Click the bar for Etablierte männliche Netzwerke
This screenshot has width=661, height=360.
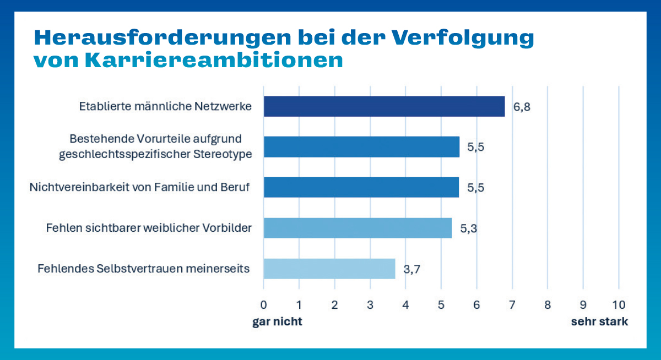pyautogui.click(x=384, y=106)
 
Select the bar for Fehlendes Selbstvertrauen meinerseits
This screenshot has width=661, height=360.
pyautogui.click(x=329, y=269)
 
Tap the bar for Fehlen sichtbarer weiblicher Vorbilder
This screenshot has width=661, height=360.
pyautogui.click(x=357, y=228)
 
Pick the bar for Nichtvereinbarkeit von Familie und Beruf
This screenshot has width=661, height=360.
pyautogui.click(x=361, y=187)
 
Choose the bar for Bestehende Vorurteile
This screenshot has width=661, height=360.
pyautogui.click(x=361, y=146)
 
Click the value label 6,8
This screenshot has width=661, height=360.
pyautogui.click(x=522, y=107)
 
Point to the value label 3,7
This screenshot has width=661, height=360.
pyautogui.click(x=413, y=269)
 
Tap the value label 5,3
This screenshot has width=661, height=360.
pyautogui.click(x=469, y=228)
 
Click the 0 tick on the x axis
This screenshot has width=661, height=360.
pyautogui.click(x=264, y=304)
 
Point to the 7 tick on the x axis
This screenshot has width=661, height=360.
pyautogui.click(x=512, y=304)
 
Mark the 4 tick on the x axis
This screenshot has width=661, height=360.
pyautogui.click(x=405, y=304)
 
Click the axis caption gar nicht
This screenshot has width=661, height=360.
pyautogui.click(x=277, y=322)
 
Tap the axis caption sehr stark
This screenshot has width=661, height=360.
pyautogui.click(x=599, y=322)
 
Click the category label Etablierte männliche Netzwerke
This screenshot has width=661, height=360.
pyautogui.click(x=165, y=106)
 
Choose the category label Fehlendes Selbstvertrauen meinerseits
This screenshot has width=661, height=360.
pyautogui.click(x=144, y=269)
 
